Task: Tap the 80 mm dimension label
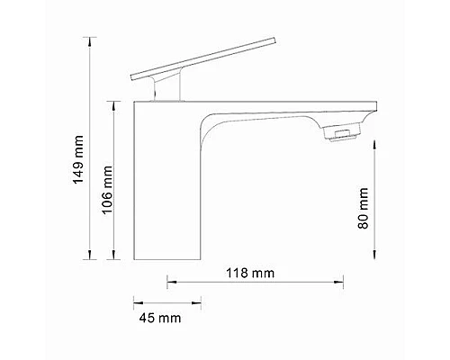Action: [363, 210]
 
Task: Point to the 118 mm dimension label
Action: [249, 271]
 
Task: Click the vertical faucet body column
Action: [166, 189]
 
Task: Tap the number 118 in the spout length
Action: [239, 271]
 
